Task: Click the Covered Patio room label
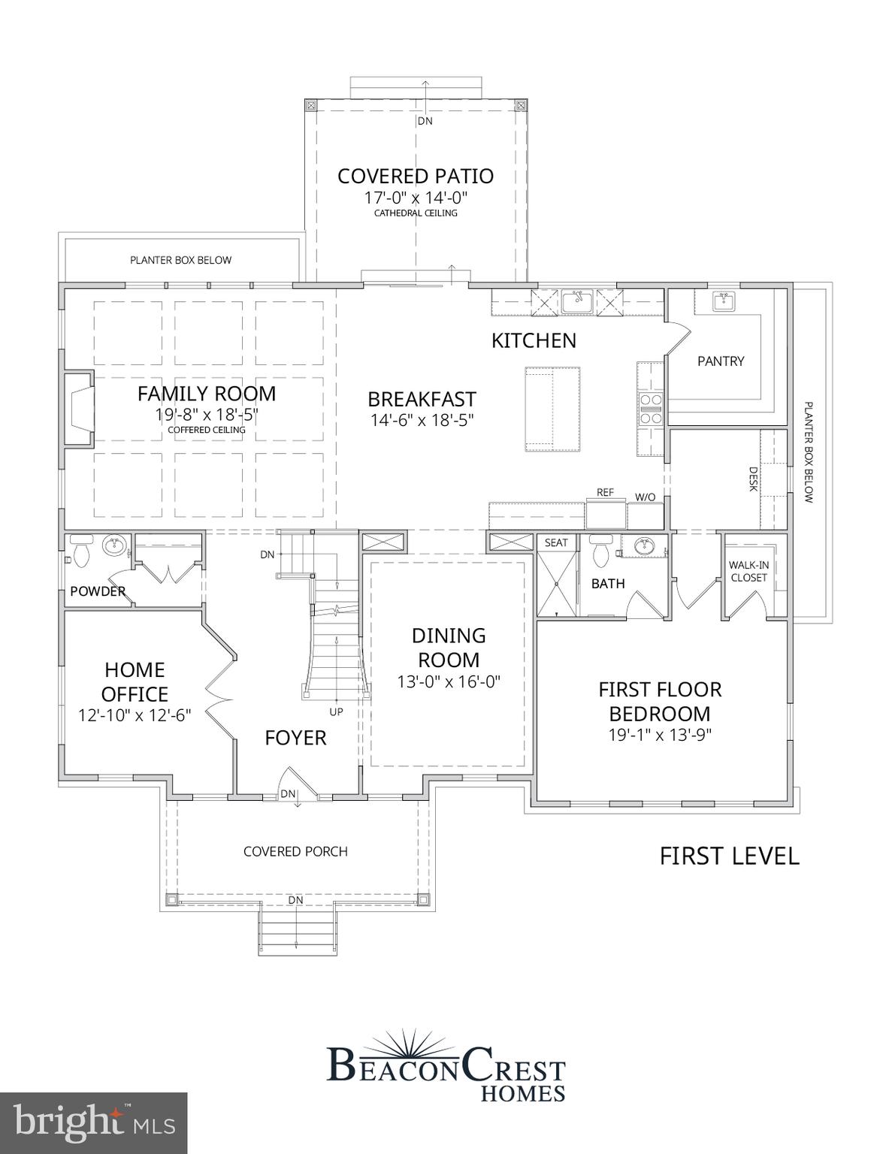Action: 416,176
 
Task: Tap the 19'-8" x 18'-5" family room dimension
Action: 207,415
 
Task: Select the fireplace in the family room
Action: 79,409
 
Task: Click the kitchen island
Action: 552,409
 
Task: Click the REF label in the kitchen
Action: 605,492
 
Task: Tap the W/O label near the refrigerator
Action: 645,497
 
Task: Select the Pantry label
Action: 720,361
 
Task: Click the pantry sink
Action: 723,302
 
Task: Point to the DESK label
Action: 753,479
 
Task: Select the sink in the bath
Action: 643,546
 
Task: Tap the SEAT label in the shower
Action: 556,542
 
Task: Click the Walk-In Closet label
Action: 748,572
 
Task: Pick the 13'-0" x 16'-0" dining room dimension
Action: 449,682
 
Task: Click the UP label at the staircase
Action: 336,711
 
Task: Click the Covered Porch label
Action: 295,851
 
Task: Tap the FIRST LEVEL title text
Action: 729,856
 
